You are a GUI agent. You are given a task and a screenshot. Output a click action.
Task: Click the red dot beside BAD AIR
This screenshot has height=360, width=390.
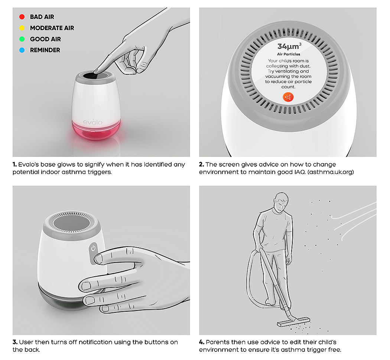click(22, 17)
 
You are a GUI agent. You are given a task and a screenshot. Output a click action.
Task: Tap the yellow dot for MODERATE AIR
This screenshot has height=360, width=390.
click(22, 28)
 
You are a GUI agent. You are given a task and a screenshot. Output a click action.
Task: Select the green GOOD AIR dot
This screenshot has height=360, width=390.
click(22, 39)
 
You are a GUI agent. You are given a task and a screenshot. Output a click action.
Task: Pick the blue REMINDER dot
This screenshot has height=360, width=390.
click(22, 50)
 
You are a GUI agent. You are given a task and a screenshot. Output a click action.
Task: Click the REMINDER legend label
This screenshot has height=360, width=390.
click(45, 50)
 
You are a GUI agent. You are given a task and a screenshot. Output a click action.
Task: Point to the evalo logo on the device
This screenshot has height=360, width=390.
click(92, 122)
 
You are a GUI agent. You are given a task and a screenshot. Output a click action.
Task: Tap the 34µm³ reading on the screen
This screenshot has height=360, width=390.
click(289, 46)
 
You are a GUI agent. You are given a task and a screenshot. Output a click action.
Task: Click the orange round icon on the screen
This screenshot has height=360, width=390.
click(288, 97)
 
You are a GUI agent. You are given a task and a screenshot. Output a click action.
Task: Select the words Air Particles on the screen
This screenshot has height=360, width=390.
click(289, 54)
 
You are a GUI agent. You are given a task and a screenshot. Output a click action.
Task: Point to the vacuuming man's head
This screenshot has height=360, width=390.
click(281, 202)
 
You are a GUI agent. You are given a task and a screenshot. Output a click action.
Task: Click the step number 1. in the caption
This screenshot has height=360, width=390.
click(15, 164)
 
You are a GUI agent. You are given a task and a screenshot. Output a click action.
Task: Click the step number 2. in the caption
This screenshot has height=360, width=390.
click(201, 164)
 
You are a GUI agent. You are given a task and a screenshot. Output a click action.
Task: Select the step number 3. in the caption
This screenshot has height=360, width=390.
click(15, 342)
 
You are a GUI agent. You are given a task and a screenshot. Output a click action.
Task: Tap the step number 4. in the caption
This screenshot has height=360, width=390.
click(202, 342)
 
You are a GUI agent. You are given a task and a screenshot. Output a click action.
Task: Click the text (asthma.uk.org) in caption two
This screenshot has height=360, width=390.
click(331, 172)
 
